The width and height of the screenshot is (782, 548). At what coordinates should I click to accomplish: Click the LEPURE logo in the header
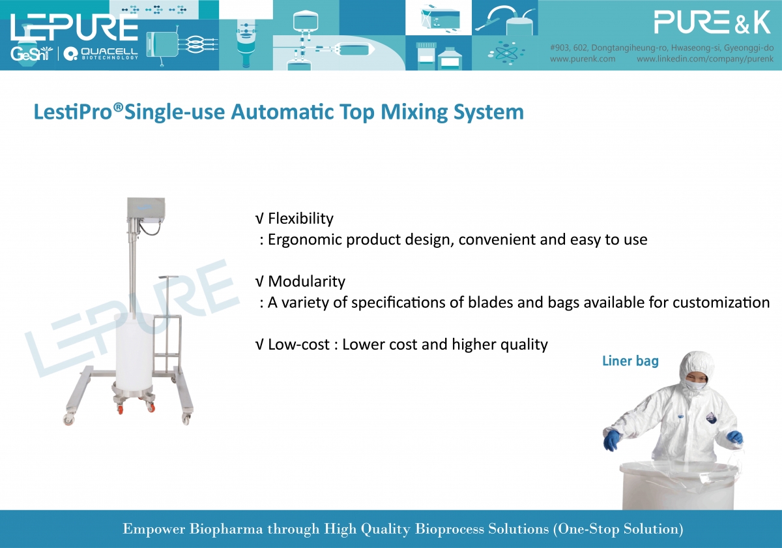coord(74,27)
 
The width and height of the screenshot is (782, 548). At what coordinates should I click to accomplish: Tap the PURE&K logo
coord(712,22)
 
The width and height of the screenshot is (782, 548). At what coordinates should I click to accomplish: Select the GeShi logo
coord(31,53)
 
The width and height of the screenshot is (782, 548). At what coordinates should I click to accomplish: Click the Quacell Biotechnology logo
coord(101,53)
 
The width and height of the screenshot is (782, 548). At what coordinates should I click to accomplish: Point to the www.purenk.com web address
coord(583,59)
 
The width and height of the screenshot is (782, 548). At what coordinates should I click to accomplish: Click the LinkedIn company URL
coord(705,59)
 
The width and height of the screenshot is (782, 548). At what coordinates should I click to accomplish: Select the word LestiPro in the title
coord(73,112)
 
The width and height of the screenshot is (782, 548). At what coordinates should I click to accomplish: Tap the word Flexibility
coord(300,219)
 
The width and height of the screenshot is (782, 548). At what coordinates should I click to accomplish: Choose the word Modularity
coord(306,281)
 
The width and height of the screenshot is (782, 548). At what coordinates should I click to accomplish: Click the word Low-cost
coord(298,344)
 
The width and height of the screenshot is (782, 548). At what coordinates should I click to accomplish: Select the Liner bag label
coord(631,361)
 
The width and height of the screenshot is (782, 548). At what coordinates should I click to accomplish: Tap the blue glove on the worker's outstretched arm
coord(612,440)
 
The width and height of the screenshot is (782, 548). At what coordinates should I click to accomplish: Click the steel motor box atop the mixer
coord(146,211)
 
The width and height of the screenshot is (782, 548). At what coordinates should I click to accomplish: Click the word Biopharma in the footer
coord(226,529)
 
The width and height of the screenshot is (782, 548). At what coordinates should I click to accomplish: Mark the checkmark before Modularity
coord(259,281)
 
